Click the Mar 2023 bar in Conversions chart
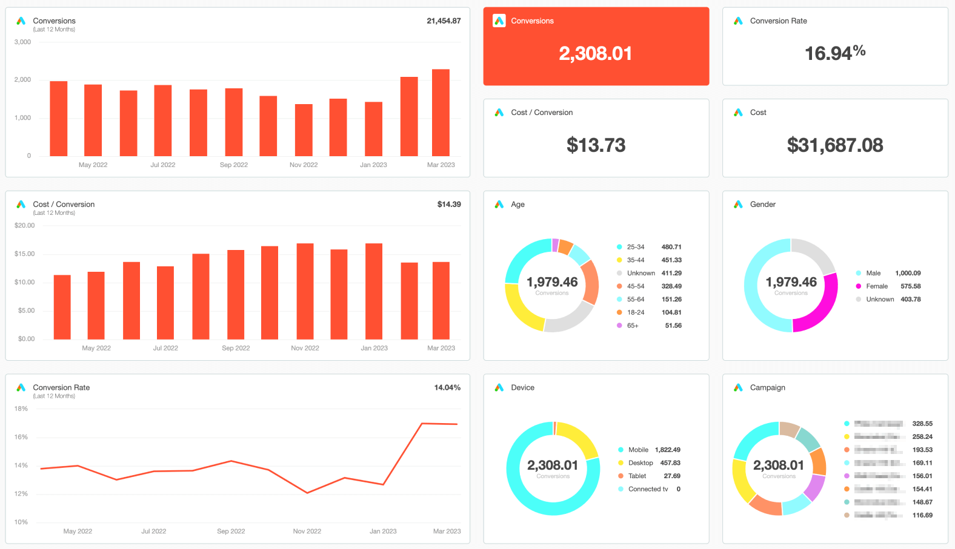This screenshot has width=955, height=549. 441,113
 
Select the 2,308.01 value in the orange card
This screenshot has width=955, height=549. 596,54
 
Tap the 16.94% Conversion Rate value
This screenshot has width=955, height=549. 834,53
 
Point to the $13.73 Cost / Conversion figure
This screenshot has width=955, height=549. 596,145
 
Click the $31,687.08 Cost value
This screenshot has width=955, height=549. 834,145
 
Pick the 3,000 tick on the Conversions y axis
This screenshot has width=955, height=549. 22,42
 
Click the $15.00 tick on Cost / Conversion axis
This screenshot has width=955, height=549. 25,254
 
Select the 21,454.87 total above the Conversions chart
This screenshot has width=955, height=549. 444,21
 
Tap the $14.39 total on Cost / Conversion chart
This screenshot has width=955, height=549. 449,205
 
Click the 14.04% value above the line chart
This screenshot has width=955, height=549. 447,388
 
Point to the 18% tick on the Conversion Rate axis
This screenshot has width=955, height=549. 21,409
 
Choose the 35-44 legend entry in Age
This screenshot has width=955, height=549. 636,260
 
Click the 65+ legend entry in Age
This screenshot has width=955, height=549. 633,326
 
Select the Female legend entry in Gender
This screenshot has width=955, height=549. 877,286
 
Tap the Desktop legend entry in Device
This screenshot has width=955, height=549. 641,463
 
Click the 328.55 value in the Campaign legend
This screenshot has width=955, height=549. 922,424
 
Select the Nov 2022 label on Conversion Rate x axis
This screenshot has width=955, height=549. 307,531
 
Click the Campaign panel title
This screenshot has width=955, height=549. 768,388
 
